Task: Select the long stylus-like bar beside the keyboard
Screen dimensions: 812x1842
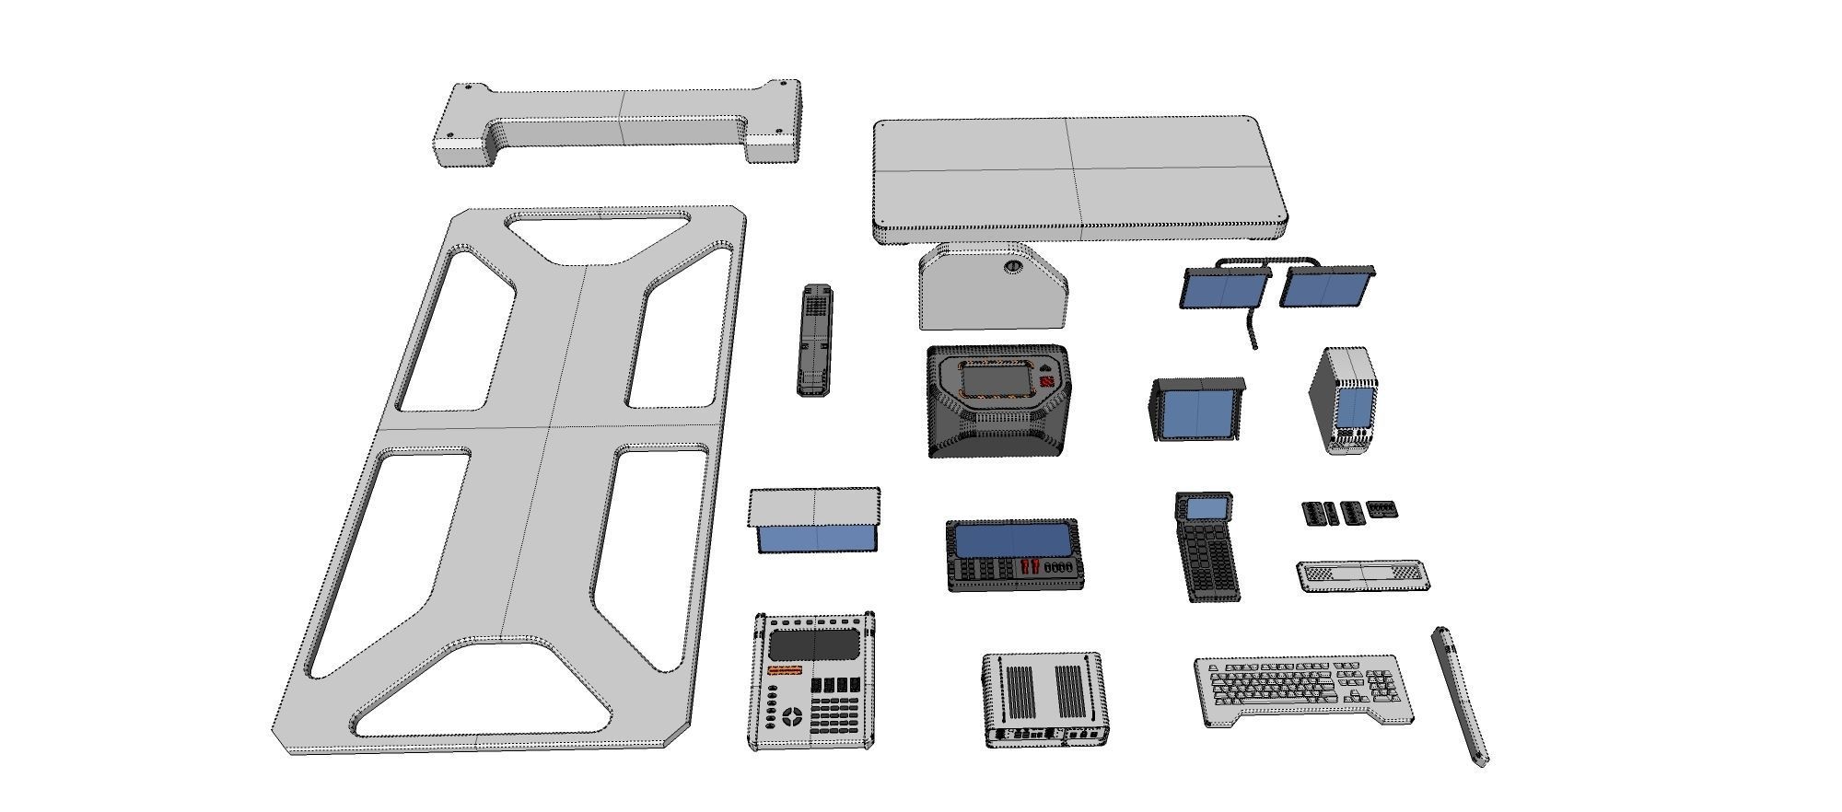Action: click(x=1461, y=697)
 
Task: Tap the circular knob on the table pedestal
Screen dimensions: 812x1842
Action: click(x=1013, y=267)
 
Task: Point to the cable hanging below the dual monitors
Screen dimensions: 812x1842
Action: click(x=1251, y=331)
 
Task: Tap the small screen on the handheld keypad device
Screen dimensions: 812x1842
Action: click(x=1207, y=508)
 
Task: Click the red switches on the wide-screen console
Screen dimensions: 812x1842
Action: click(x=1032, y=567)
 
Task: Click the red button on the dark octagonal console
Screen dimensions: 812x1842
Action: click(x=1047, y=382)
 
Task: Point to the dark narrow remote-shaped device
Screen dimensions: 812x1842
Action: click(x=815, y=340)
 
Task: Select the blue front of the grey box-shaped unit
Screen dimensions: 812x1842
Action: click(x=815, y=538)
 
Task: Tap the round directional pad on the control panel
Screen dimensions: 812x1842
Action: click(x=792, y=715)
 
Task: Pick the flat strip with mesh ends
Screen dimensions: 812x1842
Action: click(x=1363, y=575)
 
